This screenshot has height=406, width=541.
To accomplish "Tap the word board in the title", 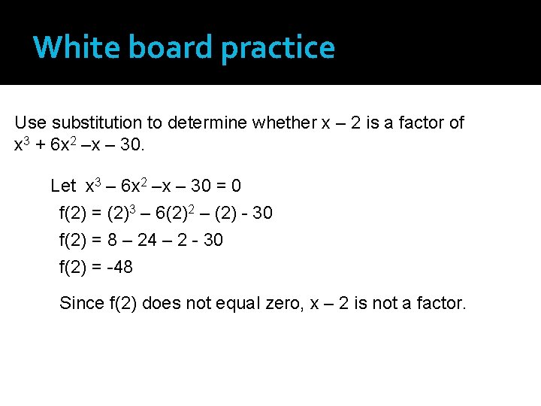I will (x=164, y=47).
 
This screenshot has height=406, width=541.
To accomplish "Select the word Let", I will (x=63, y=186).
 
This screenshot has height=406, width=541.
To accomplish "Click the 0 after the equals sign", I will (x=236, y=186).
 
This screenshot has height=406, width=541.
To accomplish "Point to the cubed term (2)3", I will (x=120, y=213).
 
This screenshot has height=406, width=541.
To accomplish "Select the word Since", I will (x=82, y=303).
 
